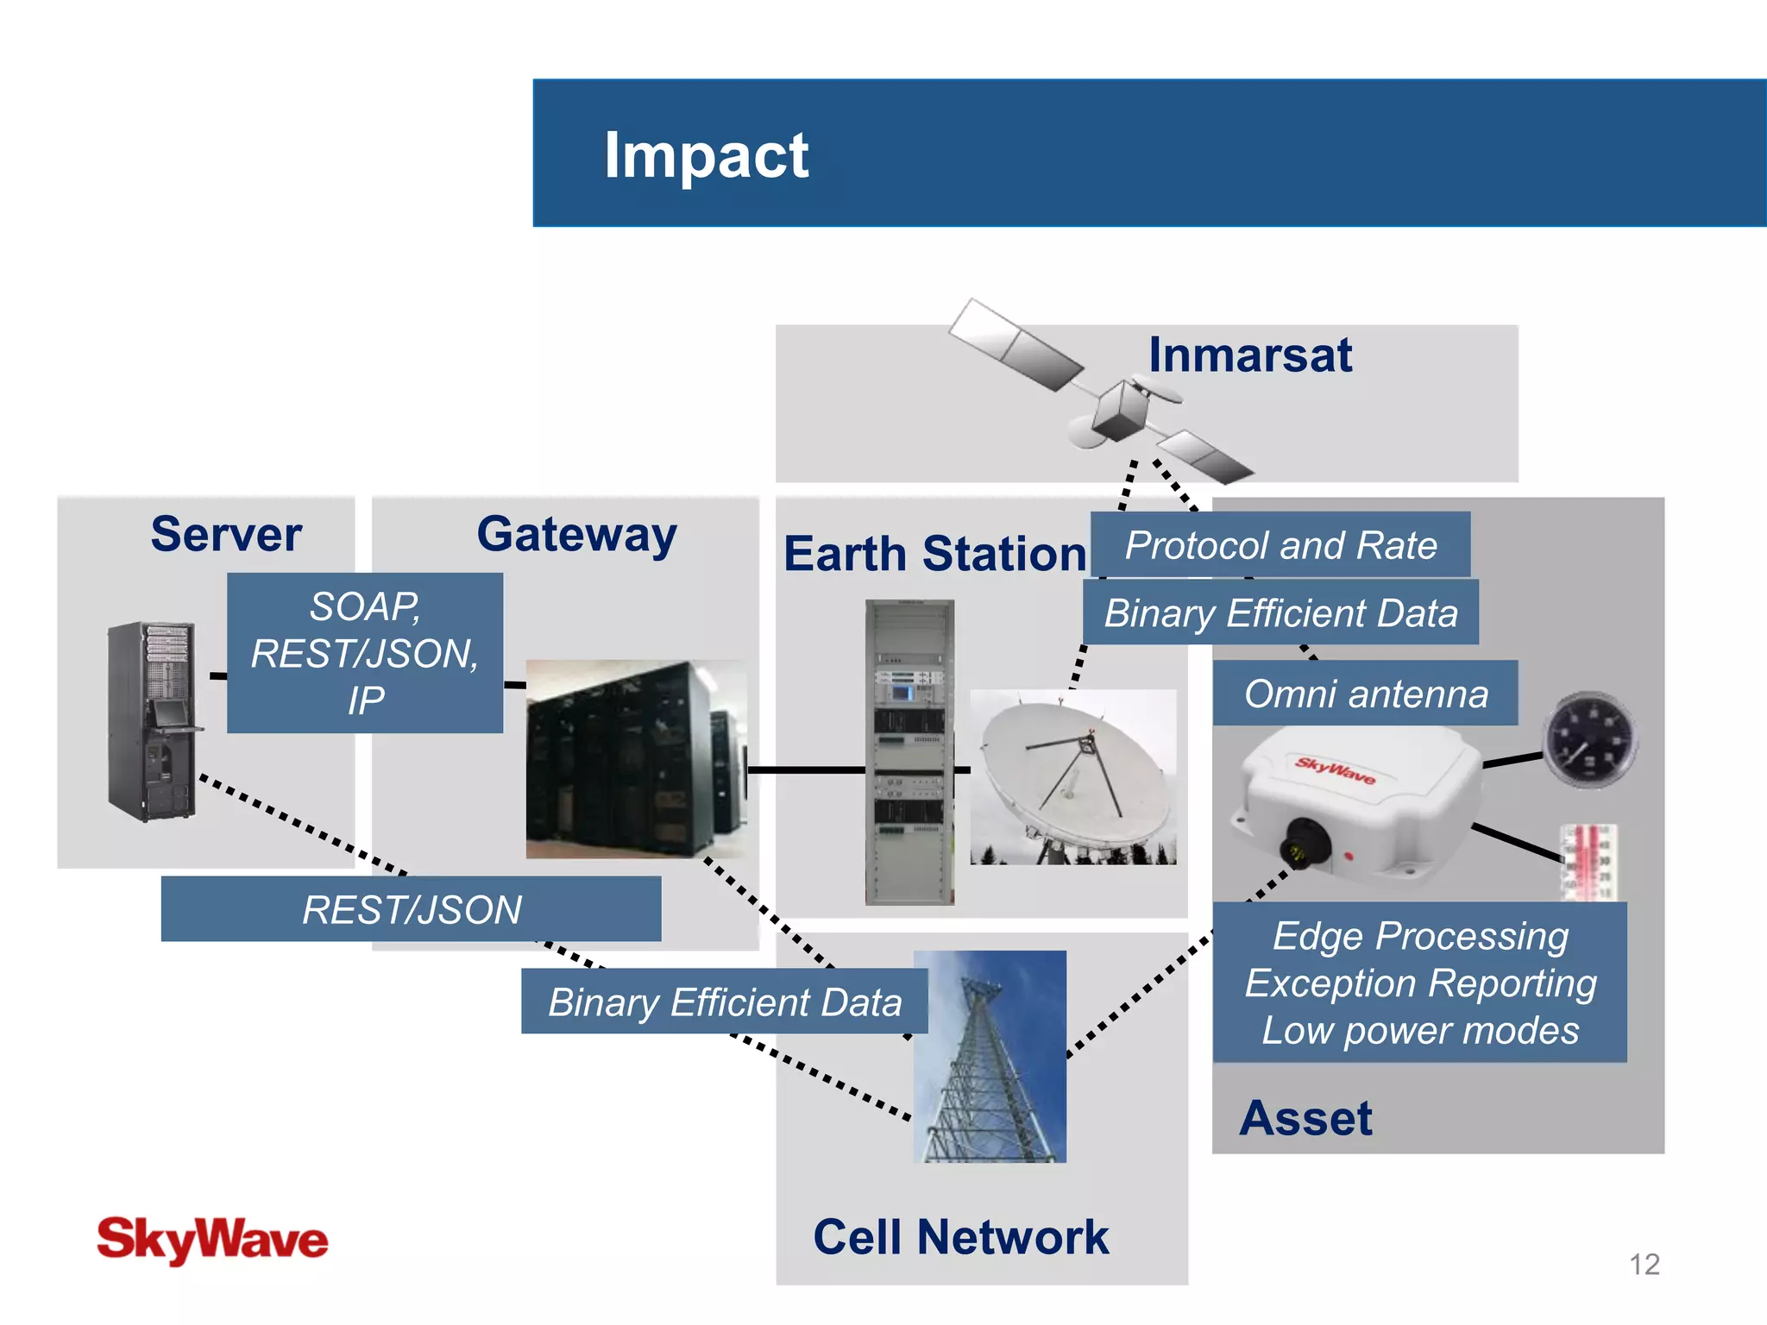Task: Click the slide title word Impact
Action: (706, 155)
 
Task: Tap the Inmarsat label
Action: (1249, 355)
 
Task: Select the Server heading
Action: (226, 534)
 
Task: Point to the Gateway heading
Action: (576, 535)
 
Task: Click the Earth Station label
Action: (934, 554)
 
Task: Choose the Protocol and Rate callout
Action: (1280, 545)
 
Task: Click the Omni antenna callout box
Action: (1365, 694)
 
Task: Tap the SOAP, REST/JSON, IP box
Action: (365, 653)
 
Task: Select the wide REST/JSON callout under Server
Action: (412, 909)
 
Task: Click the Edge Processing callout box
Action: (1420, 983)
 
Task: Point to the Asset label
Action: (1305, 1118)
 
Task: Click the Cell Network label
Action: (960, 1237)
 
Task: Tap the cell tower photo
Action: (990, 1057)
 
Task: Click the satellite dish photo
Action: (1072, 776)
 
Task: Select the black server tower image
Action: (152, 721)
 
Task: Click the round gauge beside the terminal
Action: (1589, 740)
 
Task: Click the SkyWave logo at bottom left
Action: (212, 1240)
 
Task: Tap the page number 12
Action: (1644, 1265)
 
